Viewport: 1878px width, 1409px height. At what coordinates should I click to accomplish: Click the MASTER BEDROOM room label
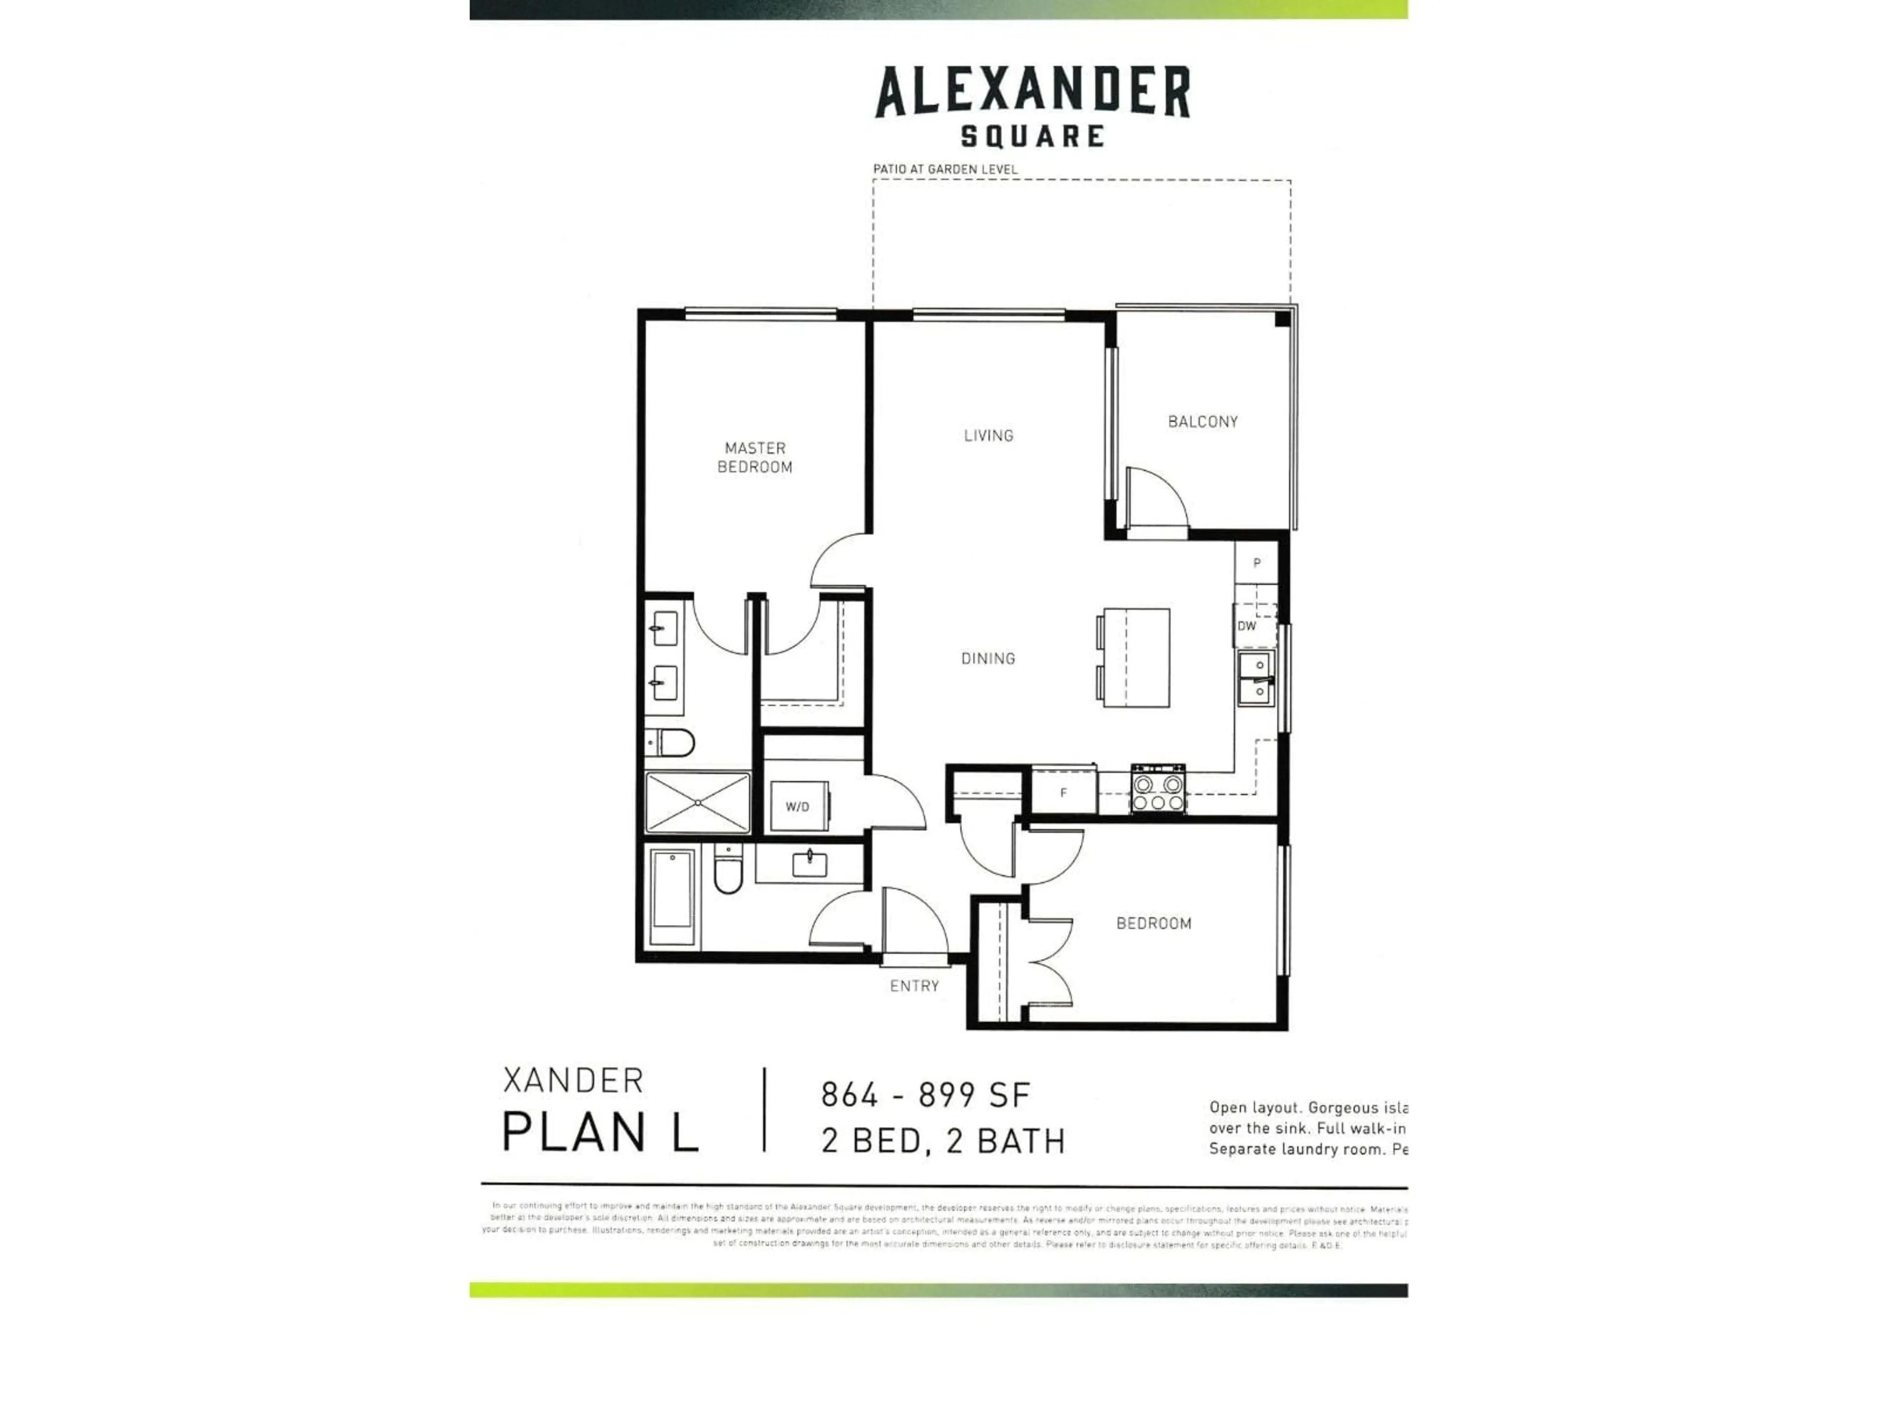pos(755,457)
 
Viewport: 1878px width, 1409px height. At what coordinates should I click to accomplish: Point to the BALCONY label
pos(1202,421)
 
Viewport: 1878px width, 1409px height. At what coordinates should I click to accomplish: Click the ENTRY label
pos(915,986)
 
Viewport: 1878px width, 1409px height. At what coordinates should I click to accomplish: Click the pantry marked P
pos(1256,562)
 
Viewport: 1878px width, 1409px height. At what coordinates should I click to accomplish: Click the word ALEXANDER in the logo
pos(1032,93)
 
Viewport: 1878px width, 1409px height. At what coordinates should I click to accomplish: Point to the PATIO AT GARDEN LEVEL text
pos(945,169)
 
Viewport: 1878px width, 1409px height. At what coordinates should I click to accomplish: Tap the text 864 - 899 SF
pos(925,1095)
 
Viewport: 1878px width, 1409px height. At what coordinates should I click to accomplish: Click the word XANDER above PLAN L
pos(574,1081)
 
